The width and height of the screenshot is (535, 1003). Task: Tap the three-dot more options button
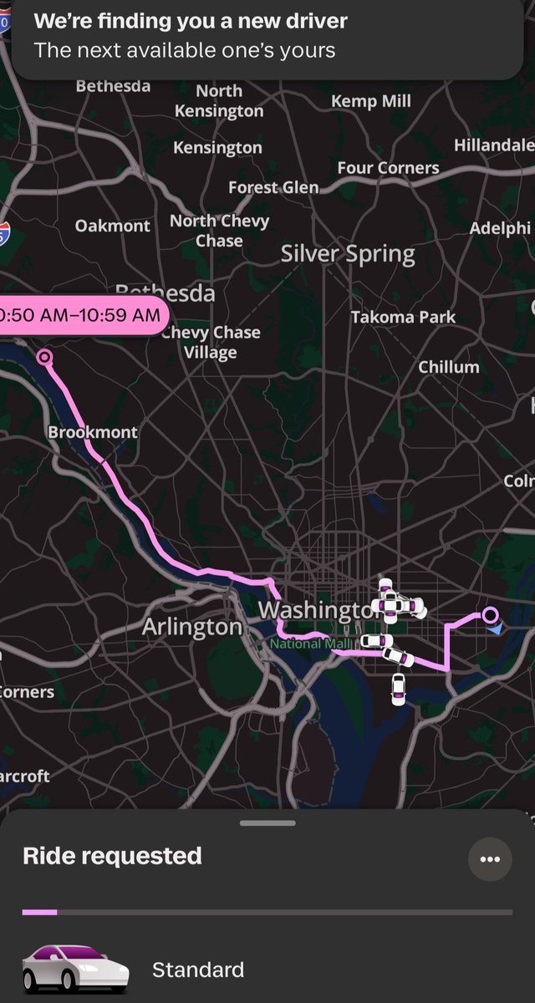click(x=490, y=859)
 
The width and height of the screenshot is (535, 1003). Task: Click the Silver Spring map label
click(x=348, y=254)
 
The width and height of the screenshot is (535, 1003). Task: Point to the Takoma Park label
click(x=403, y=317)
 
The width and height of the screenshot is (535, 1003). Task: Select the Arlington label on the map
click(x=192, y=627)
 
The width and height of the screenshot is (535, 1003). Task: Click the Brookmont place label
click(x=93, y=432)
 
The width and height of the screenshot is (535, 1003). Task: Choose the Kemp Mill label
click(x=371, y=101)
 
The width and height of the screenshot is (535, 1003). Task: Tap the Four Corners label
click(x=388, y=168)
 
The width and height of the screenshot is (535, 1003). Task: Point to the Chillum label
click(x=449, y=367)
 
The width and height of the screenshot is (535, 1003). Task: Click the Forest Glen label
click(x=273, y=187)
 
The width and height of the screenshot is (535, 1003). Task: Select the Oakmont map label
click(x=113, y=226)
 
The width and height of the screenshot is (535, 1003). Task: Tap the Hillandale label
click(x=493, y=145)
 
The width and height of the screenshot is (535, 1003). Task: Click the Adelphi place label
click(x=500, y=227)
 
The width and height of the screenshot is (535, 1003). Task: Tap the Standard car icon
click(x=75, y=970)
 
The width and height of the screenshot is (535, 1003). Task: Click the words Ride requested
click(x=112, y=856)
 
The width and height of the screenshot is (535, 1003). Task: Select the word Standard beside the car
click(x=198, y=970)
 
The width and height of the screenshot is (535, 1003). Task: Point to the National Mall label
click(x=300, y=644)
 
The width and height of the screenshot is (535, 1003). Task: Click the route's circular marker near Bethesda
click(x=44, y=358)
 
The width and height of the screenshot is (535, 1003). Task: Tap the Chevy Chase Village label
click(x=211, y=343)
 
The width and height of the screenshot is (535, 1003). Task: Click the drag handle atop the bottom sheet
click(x=267, y=823)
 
